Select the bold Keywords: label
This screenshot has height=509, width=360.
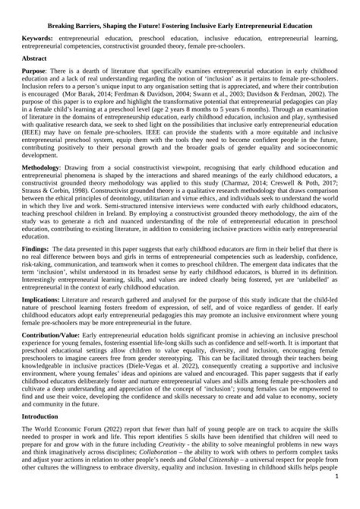pyautogui.click(x=38, y=38)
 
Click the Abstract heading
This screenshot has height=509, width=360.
pyautogui.click(x=34, y=58)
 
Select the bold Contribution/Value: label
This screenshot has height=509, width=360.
pyautogui.click(x=51, y=331)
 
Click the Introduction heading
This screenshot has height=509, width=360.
pyautogui.click(x=42, y=416)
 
